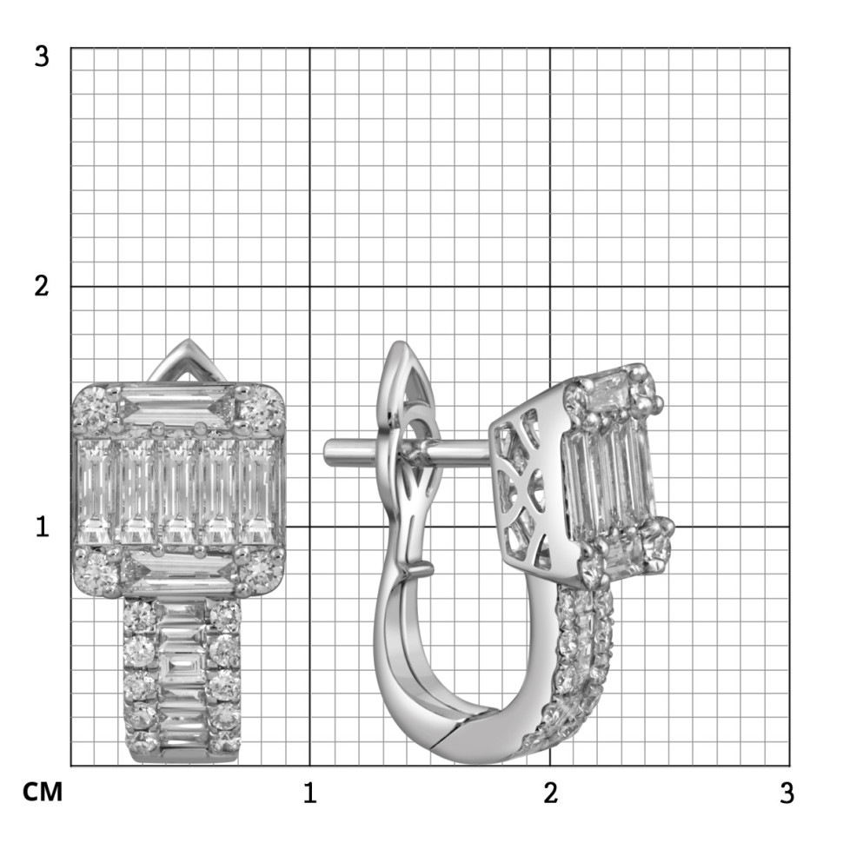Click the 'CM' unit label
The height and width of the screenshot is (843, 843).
pos(43,792)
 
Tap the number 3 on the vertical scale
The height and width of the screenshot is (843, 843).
pos(42,56)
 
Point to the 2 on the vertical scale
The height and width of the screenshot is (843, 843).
pos(42,286)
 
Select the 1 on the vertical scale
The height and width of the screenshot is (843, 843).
pos(43,527)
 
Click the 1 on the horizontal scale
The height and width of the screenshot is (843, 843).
pos(309,793)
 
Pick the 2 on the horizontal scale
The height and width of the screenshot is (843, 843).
pos(550,793)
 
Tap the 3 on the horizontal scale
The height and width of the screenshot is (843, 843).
pos(787,793)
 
